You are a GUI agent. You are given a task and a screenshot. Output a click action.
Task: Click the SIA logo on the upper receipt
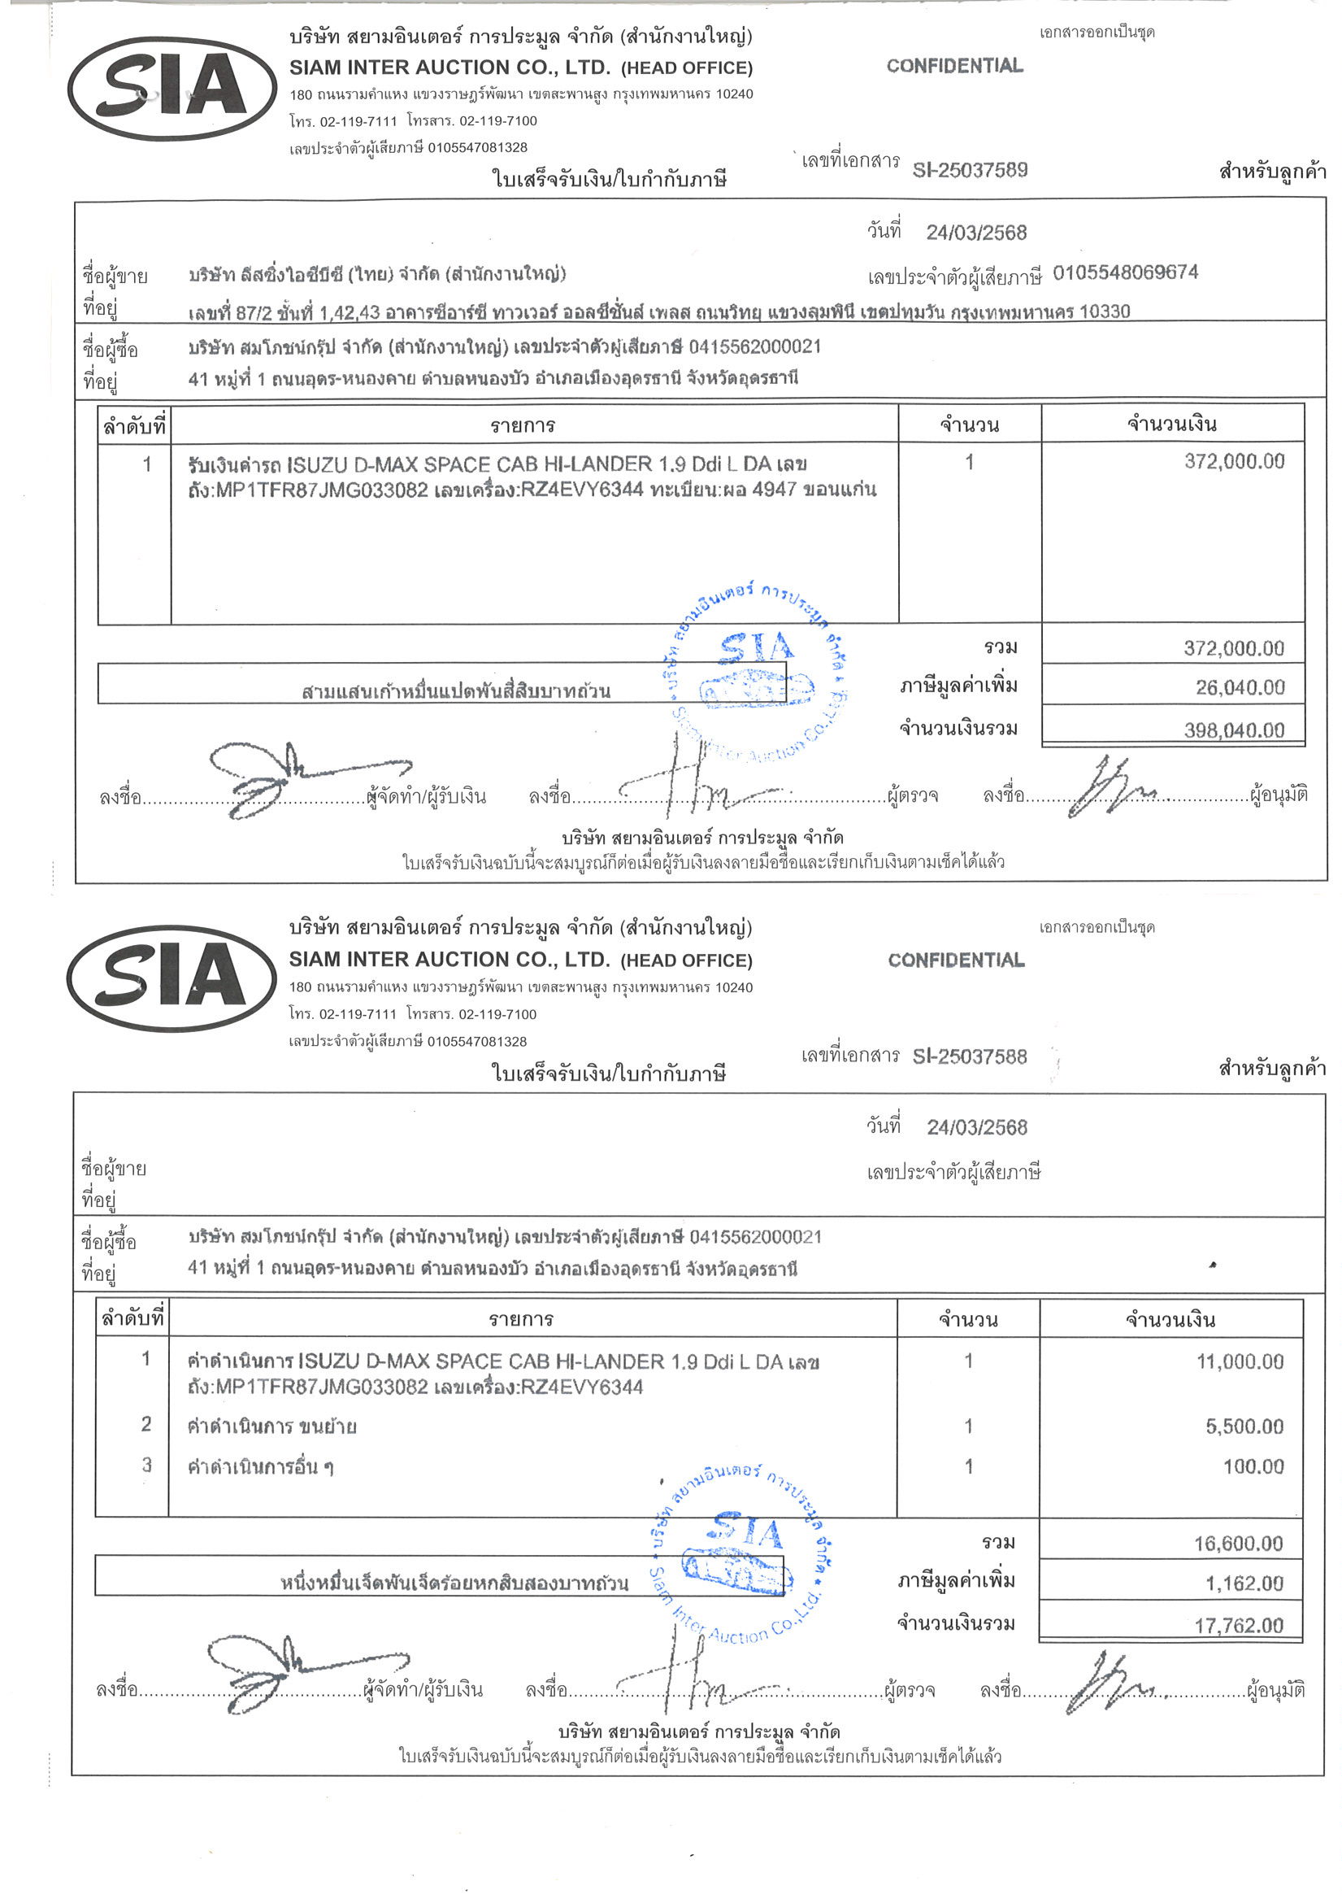click(x=172, y=88)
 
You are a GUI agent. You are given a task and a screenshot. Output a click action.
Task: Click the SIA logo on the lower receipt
click(x=172, y=978)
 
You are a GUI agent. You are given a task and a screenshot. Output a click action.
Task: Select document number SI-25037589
click(x=970, y=169)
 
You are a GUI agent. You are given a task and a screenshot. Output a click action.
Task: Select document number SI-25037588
click(x=969, y=1056)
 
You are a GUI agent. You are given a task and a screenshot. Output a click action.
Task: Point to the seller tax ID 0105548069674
click(x=1124, y=272)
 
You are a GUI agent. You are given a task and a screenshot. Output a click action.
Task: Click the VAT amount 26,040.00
click(x=1240, y=687)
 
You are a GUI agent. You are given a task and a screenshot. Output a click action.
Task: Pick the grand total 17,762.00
click(x=1239, y=1625)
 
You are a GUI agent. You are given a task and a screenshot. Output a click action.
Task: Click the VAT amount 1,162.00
click(x=1244, y=1583)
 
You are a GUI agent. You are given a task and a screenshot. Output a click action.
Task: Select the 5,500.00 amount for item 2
click(x=1244, y=1426)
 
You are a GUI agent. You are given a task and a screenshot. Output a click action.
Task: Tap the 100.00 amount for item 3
click(x=1253, y=1466)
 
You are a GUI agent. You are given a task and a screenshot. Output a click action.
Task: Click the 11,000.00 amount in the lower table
click(x=1240, y=1361)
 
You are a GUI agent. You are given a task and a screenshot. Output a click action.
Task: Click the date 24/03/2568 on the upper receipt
click(x=975, y=233)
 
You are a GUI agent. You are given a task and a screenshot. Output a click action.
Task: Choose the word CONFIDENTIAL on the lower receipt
click(x=956, y=960)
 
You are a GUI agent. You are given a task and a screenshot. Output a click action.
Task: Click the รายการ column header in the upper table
click(x=522, y=426)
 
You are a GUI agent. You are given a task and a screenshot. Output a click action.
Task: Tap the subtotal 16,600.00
click(x=1238, y=1543)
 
